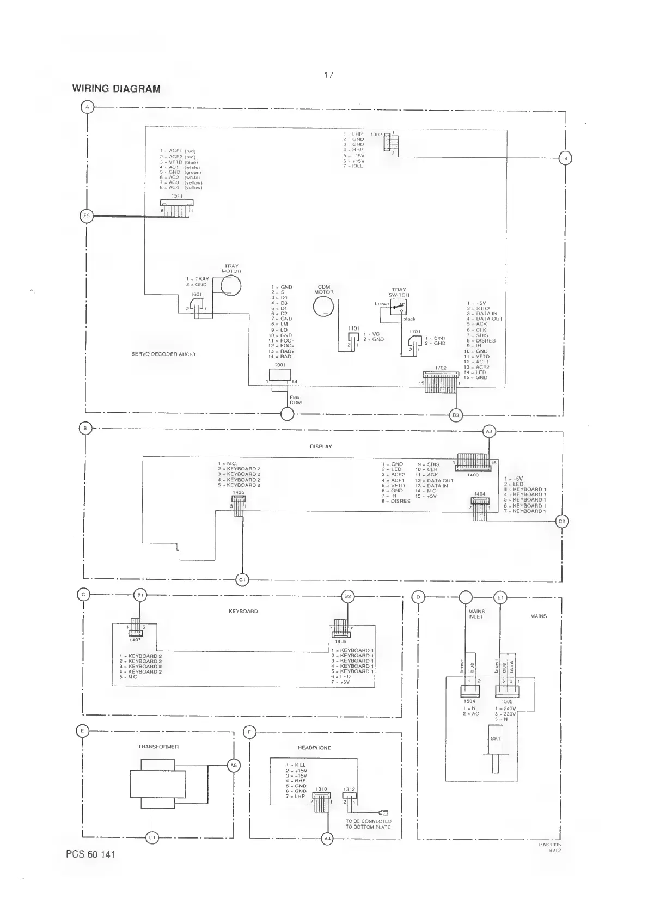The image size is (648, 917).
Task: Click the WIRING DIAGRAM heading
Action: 116,89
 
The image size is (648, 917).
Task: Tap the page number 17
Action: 328,75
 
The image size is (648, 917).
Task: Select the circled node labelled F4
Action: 565,158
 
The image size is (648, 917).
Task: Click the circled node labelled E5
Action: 85,216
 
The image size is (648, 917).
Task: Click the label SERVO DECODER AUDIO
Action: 163,354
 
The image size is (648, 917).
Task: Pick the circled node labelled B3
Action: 456,415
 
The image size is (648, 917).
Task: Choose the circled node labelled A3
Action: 488,432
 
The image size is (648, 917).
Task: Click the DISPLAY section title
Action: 321,447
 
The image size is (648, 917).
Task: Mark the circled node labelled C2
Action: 562,521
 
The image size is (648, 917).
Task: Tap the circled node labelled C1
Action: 243,579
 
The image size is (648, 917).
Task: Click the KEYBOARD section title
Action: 243,612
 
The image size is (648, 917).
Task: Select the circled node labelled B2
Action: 348,596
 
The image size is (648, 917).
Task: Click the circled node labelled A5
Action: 233,765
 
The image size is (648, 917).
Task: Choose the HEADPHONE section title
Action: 314,748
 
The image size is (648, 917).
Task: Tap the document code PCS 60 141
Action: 90,854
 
